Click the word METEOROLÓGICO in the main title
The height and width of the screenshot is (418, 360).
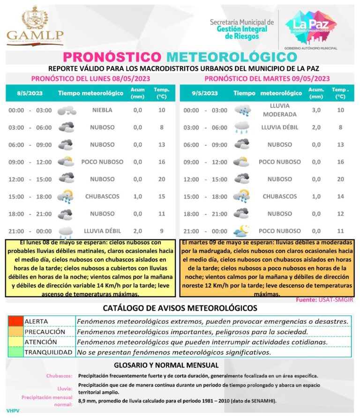(x=232, y=57)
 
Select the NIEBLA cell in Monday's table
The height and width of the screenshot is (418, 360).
(x=102, y=110)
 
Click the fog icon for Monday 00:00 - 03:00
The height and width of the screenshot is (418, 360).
(x=66, y=111)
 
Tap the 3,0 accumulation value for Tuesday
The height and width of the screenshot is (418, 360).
(x=316, y=110)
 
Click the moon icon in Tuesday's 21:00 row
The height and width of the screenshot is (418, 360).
(x=242, y=231)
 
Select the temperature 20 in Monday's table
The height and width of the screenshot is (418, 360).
(x=162, y=179)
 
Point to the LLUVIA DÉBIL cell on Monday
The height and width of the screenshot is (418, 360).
(x=102, y=231)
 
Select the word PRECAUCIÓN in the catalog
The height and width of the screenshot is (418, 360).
(x=45, y=331)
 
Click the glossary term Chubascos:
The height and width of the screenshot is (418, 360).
(x=59, y=376)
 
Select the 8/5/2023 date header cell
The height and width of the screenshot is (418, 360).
(x=30, y=93)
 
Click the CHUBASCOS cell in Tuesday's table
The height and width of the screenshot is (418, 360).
(x=279, y=196)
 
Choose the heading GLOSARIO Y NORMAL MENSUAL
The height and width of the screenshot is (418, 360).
(x=166, y=365)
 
